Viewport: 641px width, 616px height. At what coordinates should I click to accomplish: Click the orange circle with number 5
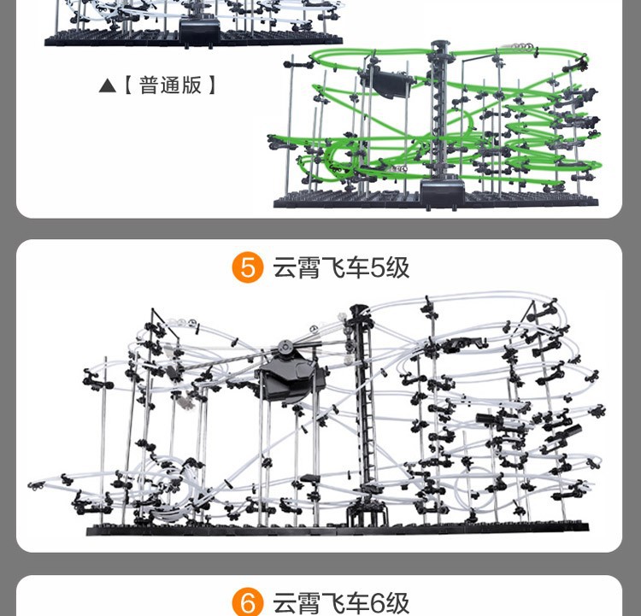coord(247,268)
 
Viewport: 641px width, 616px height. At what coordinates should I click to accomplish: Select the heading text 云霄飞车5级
coord(341,268)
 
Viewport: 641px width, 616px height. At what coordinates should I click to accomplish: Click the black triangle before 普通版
coord(107,86)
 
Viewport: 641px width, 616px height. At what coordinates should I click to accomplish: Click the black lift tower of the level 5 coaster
coord(368,410)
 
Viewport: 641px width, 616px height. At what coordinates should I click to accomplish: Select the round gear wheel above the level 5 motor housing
coord(284,349)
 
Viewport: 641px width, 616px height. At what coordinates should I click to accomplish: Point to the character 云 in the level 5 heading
coord(284,268)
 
